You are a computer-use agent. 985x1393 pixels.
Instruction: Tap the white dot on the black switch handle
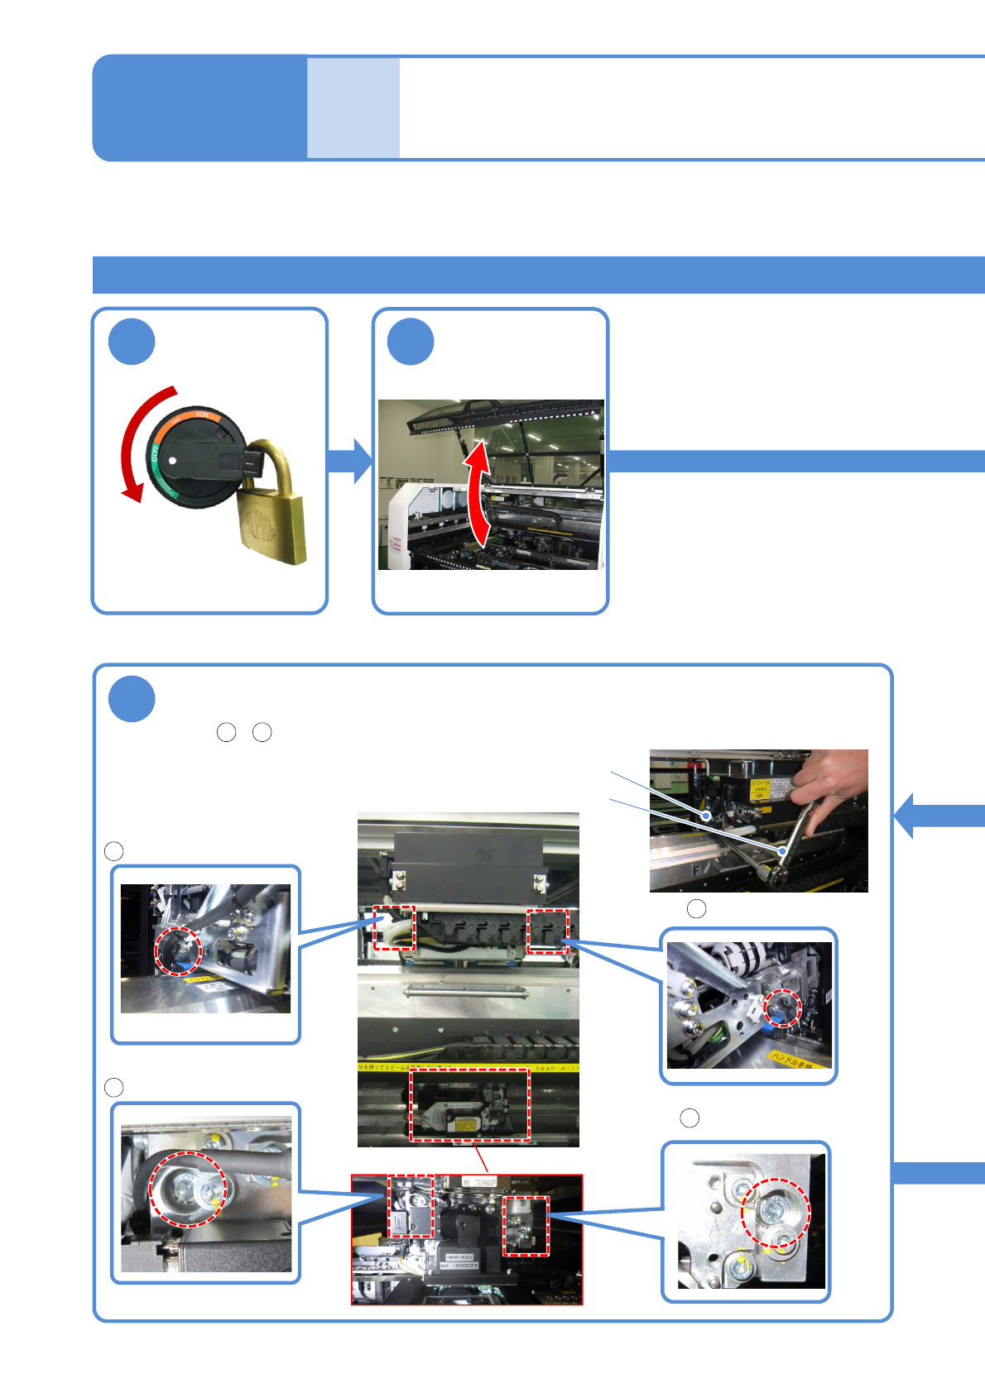pos(171,460)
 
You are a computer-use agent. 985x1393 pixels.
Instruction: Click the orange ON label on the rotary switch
pos(199,414)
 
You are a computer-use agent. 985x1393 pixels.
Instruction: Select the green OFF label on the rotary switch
pos(153,454)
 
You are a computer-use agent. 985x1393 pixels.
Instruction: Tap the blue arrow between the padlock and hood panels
pos(350,461)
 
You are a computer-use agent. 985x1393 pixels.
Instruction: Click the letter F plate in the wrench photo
pos(696,871)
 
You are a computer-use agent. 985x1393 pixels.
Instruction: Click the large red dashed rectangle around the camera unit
pos(470,1104)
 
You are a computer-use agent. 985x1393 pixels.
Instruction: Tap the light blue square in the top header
pos(353,108)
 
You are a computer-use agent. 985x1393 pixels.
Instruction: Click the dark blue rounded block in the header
pos(199,108)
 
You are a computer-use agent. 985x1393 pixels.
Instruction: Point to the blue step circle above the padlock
pos(132,342)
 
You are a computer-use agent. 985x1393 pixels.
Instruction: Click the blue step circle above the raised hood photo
pos(411,342)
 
